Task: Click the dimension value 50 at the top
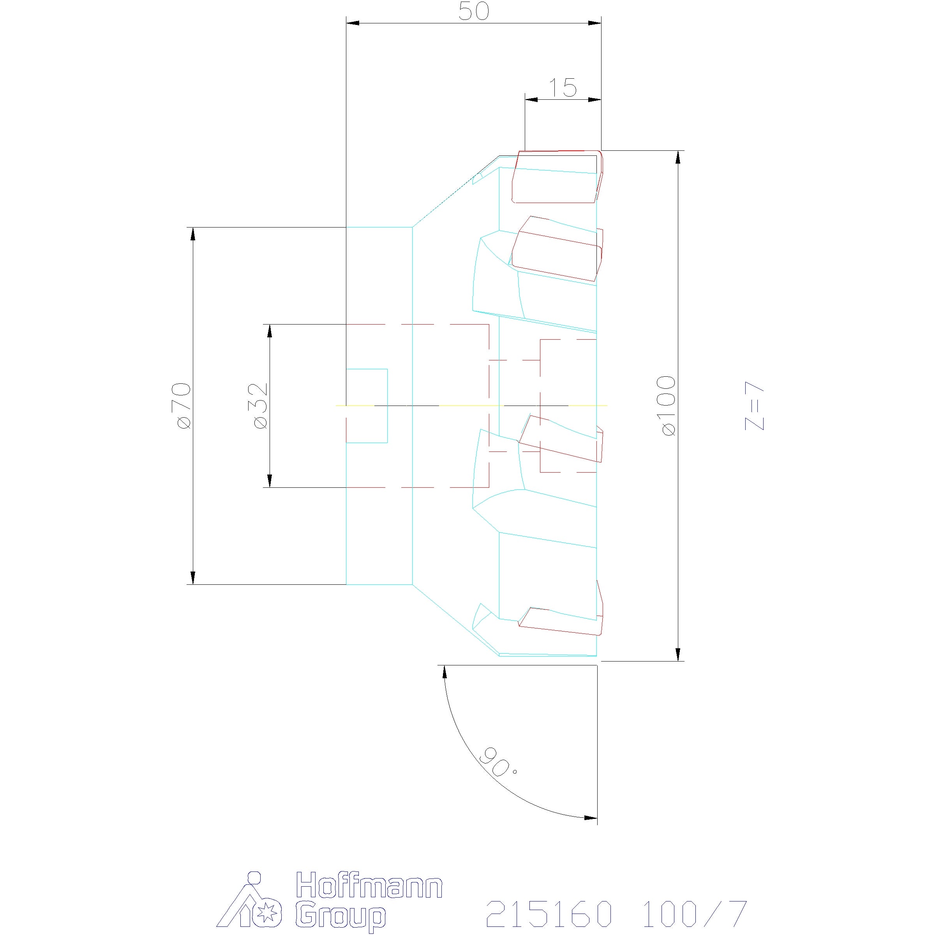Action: [474, 12]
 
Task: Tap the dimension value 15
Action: [563, 88]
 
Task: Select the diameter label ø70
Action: [184, 406]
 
